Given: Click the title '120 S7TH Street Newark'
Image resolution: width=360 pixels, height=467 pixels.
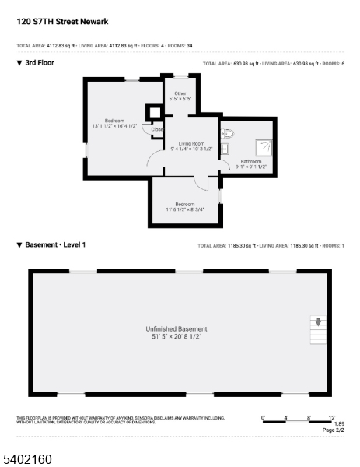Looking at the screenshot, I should click(62, 22).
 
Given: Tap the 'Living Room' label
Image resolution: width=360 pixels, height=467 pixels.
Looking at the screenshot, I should click(191, 143).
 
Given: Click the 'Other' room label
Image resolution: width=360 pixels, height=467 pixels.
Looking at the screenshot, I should click(180, 93).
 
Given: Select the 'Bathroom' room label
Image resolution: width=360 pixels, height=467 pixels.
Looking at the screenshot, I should click(251, 161).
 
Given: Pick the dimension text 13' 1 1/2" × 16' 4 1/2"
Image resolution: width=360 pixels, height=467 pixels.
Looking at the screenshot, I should click(114, 126).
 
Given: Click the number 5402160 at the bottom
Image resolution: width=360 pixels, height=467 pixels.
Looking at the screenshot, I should click(27, 459).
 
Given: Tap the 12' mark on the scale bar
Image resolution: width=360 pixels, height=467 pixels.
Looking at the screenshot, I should click(331, 418).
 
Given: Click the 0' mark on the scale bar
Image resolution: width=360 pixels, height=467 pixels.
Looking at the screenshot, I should click(263, 418).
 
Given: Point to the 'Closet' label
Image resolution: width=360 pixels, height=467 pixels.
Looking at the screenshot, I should click(157, 129).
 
